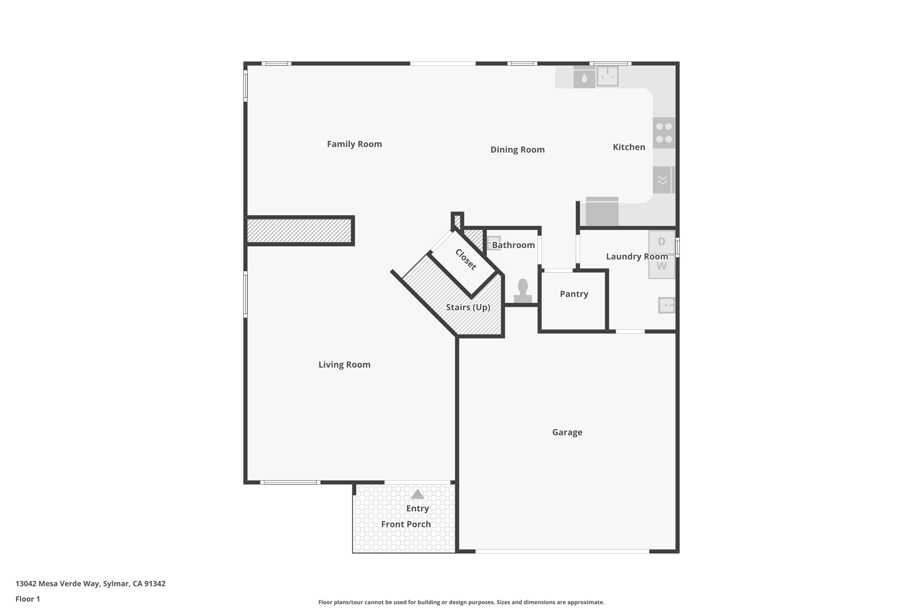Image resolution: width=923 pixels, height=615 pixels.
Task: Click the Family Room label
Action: (x=354, y=144)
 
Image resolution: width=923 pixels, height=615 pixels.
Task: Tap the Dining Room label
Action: (x=517, y=150)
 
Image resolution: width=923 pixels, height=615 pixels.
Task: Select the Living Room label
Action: (x=344, y=364)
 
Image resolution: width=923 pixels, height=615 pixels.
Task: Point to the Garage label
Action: (x=567, y=433)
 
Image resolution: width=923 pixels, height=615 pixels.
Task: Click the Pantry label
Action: (x=574, y=294)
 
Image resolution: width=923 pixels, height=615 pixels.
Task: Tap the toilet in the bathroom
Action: (x=523, y=291)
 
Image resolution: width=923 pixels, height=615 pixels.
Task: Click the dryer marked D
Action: (x=661, y=242)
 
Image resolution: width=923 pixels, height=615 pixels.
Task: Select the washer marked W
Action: (x=661, y=267)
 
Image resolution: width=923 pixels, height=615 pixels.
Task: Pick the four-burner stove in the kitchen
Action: (x=664, y=133)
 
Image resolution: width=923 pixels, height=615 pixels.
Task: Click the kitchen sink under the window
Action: (x=608, y=76)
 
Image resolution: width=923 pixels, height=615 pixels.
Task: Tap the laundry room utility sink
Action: (x=666, y=305)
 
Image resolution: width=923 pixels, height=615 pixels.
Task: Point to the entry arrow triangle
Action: (x=417, y=494)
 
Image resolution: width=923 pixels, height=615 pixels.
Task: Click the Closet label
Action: (x=466, y=260)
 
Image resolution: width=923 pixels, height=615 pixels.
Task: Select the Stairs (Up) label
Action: (x=468, y=307)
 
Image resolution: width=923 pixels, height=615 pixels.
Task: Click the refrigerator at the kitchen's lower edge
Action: (x=602, y=211)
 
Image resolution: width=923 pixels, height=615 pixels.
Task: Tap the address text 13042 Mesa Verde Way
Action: (x=90, y=583)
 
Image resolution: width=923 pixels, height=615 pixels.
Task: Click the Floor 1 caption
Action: (x=27, y=599)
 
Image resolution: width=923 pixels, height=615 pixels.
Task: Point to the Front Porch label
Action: (x=406, y=524)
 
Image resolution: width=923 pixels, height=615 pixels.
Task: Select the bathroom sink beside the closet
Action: (x=493, y=243)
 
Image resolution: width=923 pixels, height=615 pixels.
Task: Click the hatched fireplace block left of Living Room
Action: (x=299, y=231)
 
